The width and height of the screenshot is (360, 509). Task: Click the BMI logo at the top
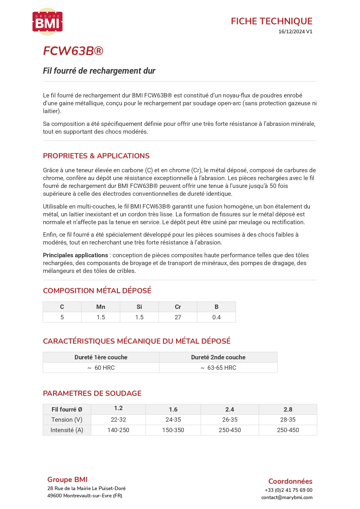47,22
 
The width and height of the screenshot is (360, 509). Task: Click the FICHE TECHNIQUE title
272,21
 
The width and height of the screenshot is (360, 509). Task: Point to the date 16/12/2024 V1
295,32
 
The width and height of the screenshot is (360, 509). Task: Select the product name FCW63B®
73,51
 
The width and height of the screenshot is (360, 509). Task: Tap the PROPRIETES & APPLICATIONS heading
96,156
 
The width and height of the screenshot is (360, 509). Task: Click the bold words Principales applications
75,255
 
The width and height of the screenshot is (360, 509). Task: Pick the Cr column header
178,307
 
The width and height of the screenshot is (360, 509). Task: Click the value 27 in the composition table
178,317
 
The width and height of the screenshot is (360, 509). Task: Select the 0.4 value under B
216,317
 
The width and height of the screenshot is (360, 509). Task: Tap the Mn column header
101,307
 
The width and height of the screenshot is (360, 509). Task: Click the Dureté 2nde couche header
218,357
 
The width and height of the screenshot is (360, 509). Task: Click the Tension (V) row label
67,420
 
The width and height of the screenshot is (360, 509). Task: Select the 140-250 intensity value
118,430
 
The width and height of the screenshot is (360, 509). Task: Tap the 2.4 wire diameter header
230,410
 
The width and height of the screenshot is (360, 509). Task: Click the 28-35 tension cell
288,420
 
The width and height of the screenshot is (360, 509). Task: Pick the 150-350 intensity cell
173,430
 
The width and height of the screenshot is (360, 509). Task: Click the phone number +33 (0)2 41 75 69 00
288,490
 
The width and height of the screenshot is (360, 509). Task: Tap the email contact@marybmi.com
287,497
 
